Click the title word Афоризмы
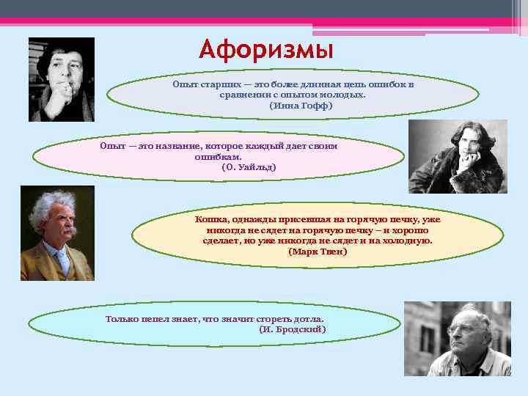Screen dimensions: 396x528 (x=265, y=51)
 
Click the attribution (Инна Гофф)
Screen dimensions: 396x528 (x=301, y=106)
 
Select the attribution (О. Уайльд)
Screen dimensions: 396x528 (x=249, y=167)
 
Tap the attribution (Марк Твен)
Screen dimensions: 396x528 (x=318, y=252)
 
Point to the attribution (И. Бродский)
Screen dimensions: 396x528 (x=293, y=329)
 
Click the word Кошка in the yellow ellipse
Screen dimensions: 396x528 (x=211, y=219)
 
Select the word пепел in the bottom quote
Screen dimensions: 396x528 (x=163, y=319)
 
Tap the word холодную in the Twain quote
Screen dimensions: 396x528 (x=409, y=241)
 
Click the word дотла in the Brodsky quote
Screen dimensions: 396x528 (x=308, y=319)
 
